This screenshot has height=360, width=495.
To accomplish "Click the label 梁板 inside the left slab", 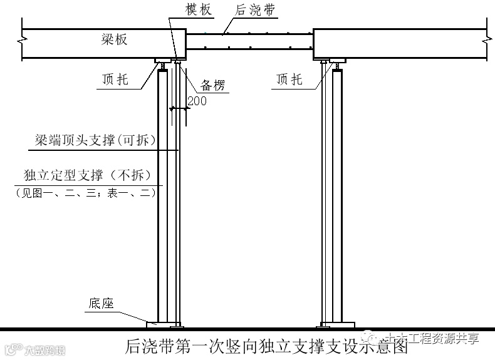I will pyautogui.click(x=115, y=39).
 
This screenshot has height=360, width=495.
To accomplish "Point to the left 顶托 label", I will pyautogui.click(x=115, y=80).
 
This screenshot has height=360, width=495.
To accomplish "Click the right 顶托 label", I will pyautogui.click(x=289, y=80).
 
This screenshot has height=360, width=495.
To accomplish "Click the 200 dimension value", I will pyautogui.click(x=197, y=101).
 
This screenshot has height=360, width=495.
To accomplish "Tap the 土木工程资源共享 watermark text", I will pyautogui.click(x=432, y=338).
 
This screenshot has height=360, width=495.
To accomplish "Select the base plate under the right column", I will pyautogui.click(x=331, y=324).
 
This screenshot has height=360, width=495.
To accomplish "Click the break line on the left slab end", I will pyautogui.click(x=23, y=41).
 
